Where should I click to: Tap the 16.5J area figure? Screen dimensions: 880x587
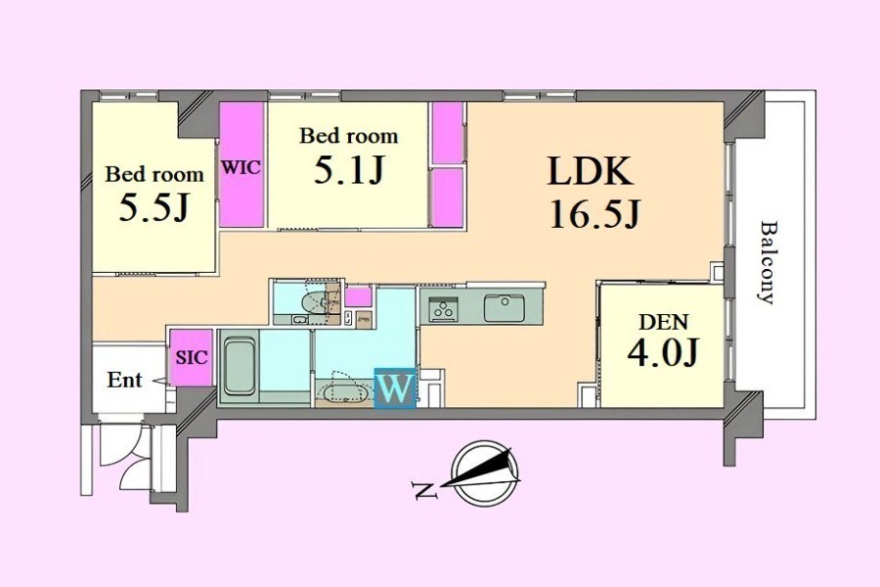point(594,214)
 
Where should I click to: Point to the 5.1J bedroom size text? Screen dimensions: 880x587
point(348,170)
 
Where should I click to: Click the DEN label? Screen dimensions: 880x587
point(663,323)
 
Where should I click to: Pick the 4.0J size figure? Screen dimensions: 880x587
point(662,352)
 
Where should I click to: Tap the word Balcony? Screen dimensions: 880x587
point(768,262)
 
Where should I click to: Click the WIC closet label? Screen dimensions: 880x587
point(241,167)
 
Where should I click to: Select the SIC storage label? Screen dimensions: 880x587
point(192,357)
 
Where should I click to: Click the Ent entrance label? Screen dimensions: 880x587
point(124,380)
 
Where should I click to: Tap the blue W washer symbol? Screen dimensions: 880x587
point(396,388)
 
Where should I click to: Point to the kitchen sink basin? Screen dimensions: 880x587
point(505,308)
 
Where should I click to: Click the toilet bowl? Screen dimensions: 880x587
point(314,302)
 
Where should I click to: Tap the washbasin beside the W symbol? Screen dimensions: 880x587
point(343,392)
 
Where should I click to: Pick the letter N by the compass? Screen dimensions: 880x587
point(425,490)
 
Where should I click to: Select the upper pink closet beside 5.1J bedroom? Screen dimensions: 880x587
point(447,133)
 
